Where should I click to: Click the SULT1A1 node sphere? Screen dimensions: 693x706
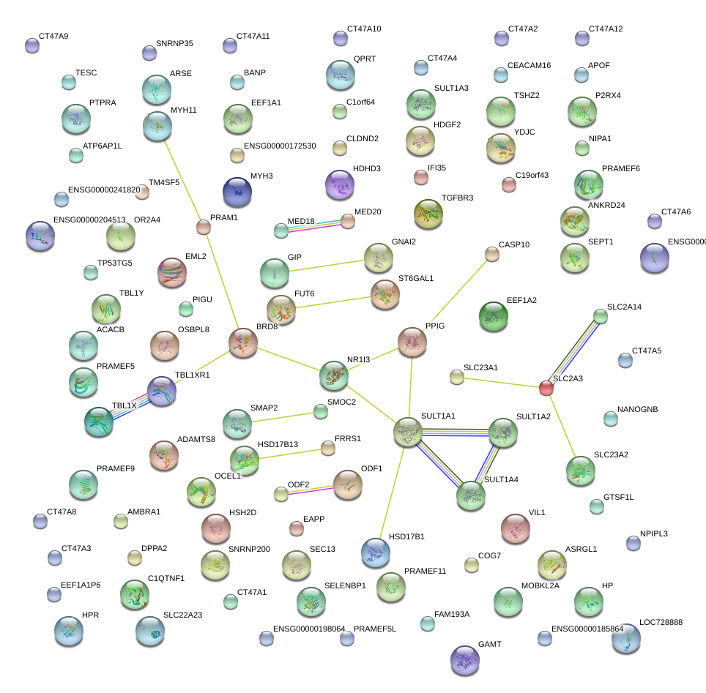pyautogui.click(x=409, y=432)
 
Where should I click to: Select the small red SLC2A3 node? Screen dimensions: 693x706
pyautogui.click(x=546, y=388)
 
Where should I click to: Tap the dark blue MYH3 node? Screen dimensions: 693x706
pyautogui.click(x=237, y=192)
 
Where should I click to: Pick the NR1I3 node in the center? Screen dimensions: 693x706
pyautogui.click(x=335, y=375)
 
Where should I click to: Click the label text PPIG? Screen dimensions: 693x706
pyautogui.click(x=435, y=325)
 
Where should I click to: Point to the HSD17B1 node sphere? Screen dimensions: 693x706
pyautogui.click(x=376, y=552)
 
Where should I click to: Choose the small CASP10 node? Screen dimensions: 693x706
pyautogui.click(x=492, y=254)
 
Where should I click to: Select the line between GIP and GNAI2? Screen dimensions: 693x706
pyautogui.click(x=327, y=265)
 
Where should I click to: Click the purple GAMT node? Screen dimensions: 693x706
pyautogui.click(x=464, y=659)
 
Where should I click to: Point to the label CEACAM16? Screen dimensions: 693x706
pyautogui.click(x=529, y=66)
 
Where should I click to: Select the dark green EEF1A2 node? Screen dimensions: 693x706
pyautogui.click(x=493, y=315)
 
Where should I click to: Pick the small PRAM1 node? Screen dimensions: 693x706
pyautogui.click(x=204, y=227)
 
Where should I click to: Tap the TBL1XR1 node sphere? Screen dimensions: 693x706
pyautogui.click(x=162, y=392)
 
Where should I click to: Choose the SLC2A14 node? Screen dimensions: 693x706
pyautogui.click(x=601, y=316)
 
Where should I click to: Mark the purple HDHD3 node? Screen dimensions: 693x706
pyautogui.click(x=339, y=184)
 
